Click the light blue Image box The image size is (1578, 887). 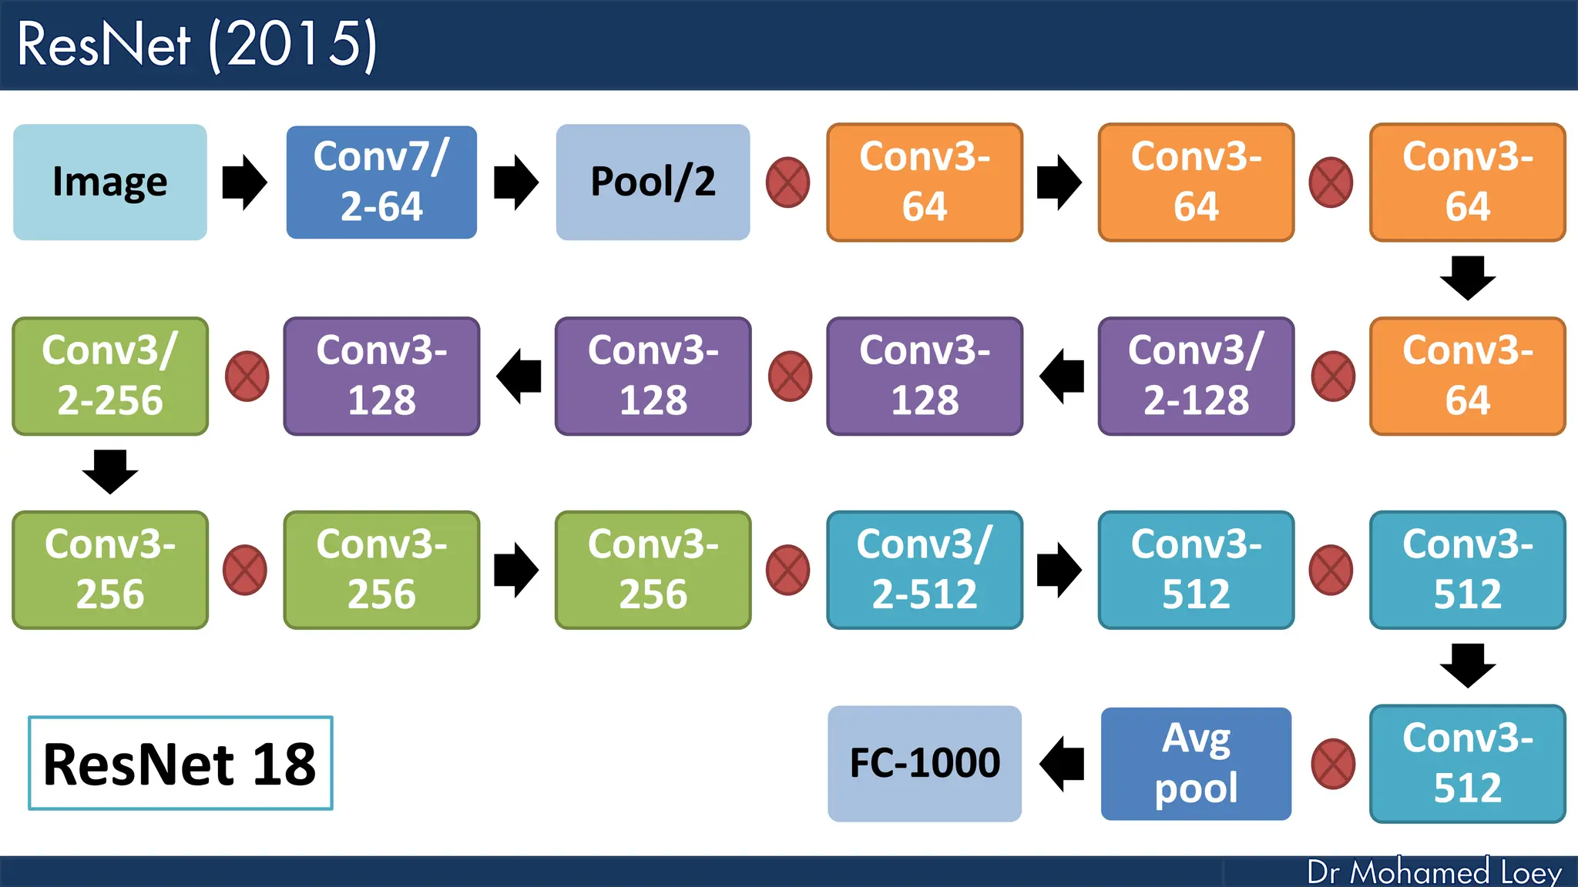(x=110, y=182)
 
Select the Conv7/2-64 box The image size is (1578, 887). (x=381, y=182)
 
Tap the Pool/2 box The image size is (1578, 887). (x=653, y=182)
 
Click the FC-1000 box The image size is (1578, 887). (x=925, y=763)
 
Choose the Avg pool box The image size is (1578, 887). (x=1196, y=763)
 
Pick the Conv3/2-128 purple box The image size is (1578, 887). (x=1196, y=376)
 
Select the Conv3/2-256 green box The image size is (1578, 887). (x=110, y=376)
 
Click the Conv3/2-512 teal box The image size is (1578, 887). (x=925, y=570)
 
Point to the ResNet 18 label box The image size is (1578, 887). (x=180, y=763)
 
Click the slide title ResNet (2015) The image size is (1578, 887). (x=197, y=45)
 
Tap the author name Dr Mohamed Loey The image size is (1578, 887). (x=1434, y=872)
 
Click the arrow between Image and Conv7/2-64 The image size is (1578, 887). (x=244, y=182)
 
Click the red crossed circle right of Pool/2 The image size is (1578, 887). (x=787, y=182)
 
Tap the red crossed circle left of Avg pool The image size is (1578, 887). (x=1333, y=764)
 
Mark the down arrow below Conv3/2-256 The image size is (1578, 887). (x=110, y=471)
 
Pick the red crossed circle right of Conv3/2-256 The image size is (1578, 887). (x=247, y=377)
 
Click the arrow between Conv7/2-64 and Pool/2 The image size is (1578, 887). (x=515, y=182)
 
